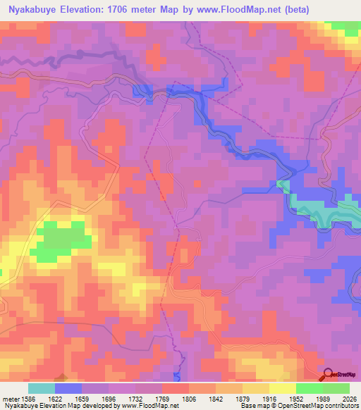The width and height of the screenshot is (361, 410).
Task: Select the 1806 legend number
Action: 189,399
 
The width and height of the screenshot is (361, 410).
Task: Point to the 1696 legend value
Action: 109,399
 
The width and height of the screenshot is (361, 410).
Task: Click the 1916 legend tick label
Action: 269,399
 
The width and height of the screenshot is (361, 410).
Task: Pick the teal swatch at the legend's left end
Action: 41,388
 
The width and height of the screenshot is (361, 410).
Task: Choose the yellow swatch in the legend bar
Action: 282,388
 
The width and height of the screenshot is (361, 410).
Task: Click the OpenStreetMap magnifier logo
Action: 327,373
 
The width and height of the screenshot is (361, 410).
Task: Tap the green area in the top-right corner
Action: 345,27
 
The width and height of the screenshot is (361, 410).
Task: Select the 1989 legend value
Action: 322,399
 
